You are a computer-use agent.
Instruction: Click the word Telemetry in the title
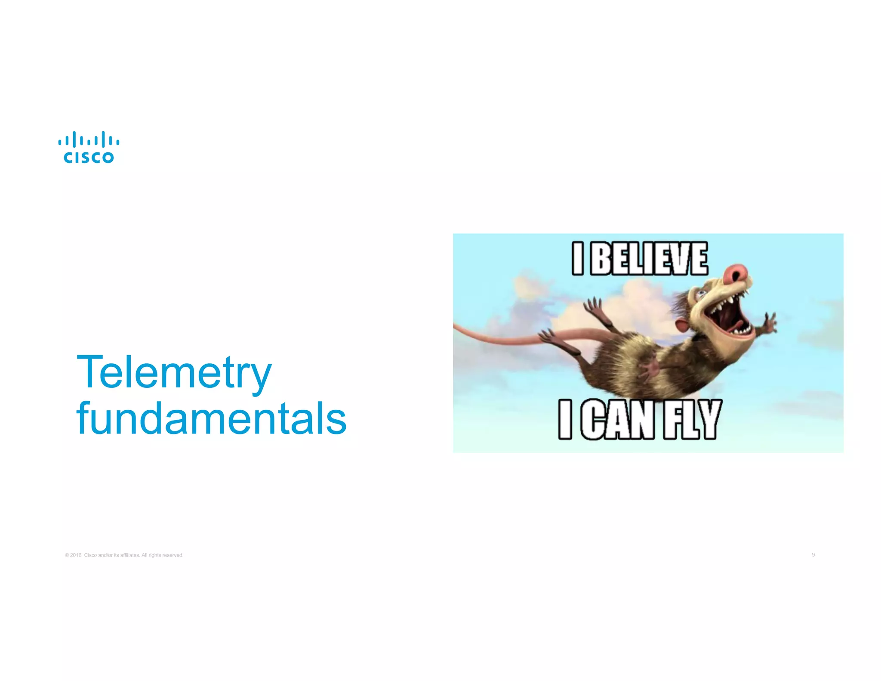(x=174, y=372)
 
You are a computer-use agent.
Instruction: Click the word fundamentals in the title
(x=211, y=418)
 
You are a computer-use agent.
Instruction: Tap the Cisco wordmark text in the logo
(x=89, y=158)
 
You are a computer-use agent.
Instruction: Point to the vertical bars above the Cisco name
(x=89, y=139)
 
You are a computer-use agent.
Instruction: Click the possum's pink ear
(x=680, y=326)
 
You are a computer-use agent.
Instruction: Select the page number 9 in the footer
(x=813, y=555)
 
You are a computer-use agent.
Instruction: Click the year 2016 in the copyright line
(x=76, y=555)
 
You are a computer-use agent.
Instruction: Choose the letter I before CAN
(x=565, y=420)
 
